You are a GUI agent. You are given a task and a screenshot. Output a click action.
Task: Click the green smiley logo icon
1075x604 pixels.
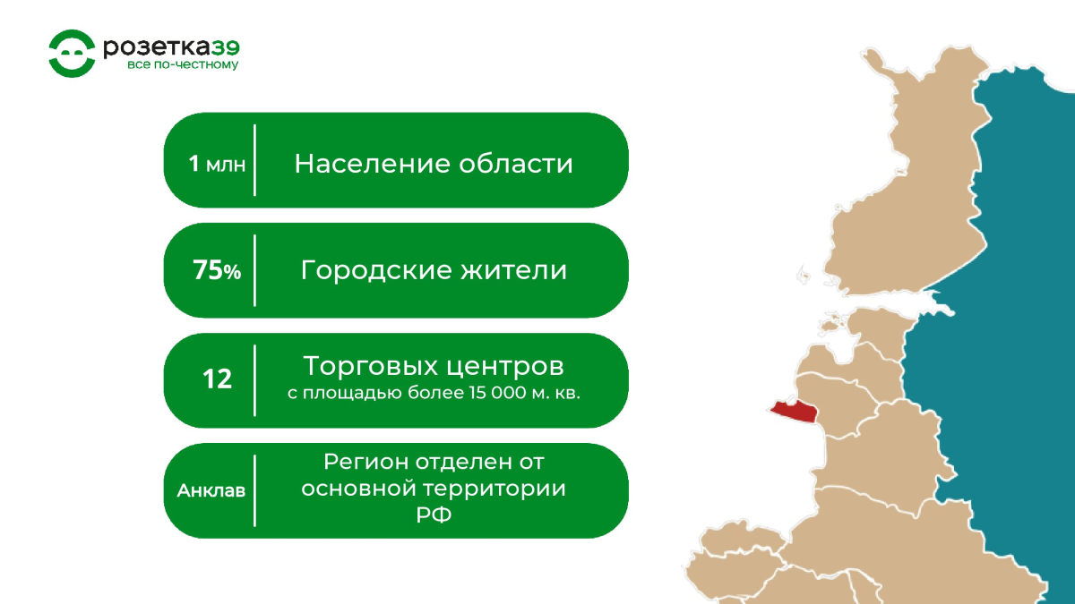pos(72,53)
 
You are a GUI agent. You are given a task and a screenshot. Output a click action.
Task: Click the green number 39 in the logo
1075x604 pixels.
pos(226,48)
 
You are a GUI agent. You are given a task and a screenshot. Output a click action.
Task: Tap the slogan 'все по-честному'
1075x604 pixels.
pos(183,64)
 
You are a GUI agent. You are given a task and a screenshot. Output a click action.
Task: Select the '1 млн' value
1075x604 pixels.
pos(217,164)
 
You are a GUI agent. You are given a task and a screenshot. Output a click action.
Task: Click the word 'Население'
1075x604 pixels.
pos(373,164)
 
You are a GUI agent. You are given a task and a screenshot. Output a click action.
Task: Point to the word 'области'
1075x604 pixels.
pos(516,164)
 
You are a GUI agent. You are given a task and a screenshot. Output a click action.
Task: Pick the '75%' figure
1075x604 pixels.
pos(217,270)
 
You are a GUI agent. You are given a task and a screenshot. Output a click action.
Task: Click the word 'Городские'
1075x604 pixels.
pos(376,271)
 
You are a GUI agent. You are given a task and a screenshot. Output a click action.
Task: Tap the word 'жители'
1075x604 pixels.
pos(514,270)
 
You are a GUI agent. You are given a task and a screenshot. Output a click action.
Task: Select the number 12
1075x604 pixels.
pos(218,379)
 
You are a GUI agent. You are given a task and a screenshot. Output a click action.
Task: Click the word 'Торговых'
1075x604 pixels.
pos(371,367)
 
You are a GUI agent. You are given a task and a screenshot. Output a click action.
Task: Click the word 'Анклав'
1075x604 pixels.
pos(211,491)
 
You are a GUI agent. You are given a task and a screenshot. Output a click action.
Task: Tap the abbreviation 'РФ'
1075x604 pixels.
pos(434,515)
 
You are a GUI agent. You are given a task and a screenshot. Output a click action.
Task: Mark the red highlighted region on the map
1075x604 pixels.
pos(795,412)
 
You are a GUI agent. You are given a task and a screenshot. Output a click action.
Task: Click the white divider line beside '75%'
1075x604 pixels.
pos(254,270)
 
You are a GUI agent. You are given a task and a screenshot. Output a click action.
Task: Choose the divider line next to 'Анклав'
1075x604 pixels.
pos(254,491)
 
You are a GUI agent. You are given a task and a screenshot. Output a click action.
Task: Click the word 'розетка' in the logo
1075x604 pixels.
pos(157,48)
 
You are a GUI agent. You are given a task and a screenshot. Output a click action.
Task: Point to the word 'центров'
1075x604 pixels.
pos(505,368)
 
